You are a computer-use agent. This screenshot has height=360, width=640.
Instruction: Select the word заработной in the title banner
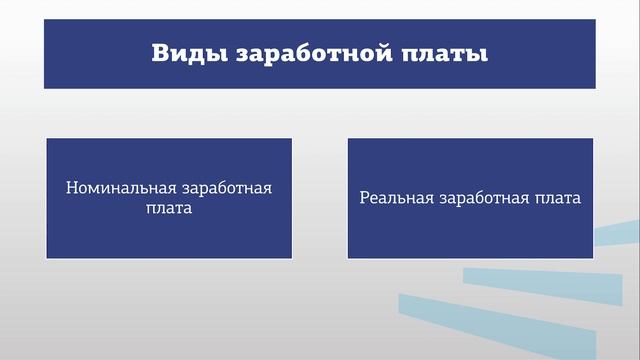313,54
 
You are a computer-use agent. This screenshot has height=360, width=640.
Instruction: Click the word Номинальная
121,188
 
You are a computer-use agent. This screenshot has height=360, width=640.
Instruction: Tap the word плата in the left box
169,210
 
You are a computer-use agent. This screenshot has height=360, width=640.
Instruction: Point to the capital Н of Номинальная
72,188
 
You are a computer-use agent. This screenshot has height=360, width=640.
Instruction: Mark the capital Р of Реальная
365,198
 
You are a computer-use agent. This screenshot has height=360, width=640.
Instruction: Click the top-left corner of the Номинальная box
48,139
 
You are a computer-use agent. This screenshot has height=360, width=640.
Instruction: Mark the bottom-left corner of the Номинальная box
48,258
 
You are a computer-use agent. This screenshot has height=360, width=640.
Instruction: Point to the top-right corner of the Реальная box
592,139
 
